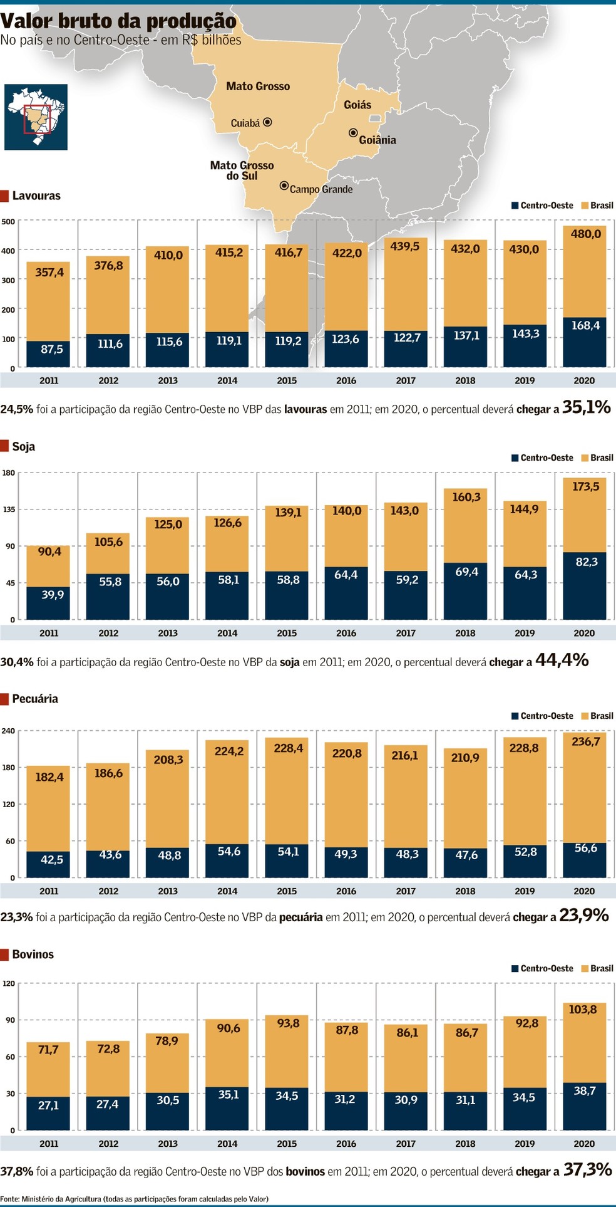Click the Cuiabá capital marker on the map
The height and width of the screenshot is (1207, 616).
(x=267, y=122)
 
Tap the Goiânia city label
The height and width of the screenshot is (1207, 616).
(x=377, y=140)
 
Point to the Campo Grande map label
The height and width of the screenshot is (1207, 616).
(x=321, y=189)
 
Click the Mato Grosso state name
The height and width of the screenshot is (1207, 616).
(x=258, y=86)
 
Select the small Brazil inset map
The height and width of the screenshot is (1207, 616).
(x=36, y=117)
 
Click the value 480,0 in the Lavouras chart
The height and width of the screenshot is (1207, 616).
(x=585, y=234)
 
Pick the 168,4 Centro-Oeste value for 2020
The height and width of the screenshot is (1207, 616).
(x=585, y=325)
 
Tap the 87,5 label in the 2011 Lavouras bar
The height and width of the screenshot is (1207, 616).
(x=51, y=349)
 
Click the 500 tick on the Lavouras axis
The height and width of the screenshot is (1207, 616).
(x=8, y=221)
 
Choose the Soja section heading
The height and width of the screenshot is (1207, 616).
(x=23, y=446)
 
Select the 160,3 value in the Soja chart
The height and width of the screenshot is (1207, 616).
(x=466, y=497)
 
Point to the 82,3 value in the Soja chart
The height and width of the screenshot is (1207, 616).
(x=587, y=562)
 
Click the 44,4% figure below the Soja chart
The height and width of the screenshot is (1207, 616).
(x=562, y=660)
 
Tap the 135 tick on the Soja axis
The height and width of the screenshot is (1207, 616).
(x=8, y=509)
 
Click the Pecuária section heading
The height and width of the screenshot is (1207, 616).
(x=34, y=699)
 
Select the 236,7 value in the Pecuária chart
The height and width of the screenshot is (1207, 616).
(x=585, y=741)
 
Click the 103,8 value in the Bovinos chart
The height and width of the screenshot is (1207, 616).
(x=583, y=1009)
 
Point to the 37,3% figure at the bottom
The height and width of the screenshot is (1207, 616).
(x=587, y=1169)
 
